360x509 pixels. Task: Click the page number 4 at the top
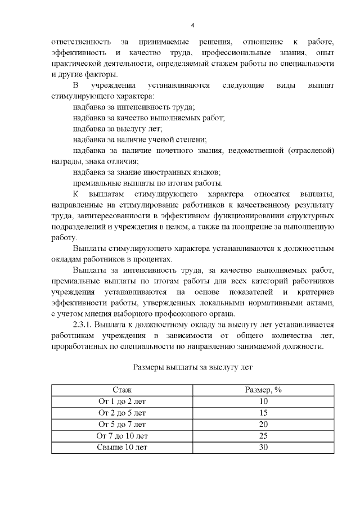tap(193, 25)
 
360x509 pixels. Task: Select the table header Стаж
tap(122, 390)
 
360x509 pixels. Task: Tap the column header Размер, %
tap(263, 390)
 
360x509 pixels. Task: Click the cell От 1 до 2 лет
tap(122, 401)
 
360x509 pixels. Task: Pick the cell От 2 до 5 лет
tap(122, 413)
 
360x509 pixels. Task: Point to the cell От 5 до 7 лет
tap(122, 424)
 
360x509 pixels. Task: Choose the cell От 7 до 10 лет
tap(122, 436)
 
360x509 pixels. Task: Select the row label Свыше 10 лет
tap(122, 447)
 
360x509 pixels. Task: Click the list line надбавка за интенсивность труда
tap(134, 107)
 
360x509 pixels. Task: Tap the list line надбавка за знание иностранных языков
tap(146, 172)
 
